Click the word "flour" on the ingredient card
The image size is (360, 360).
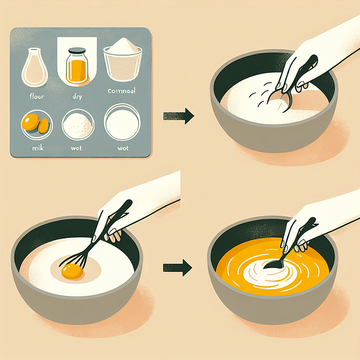point(36,97)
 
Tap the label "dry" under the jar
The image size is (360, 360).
point(78,97)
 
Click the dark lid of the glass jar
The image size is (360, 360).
point(78,53)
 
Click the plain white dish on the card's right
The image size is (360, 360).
point(123,123)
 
